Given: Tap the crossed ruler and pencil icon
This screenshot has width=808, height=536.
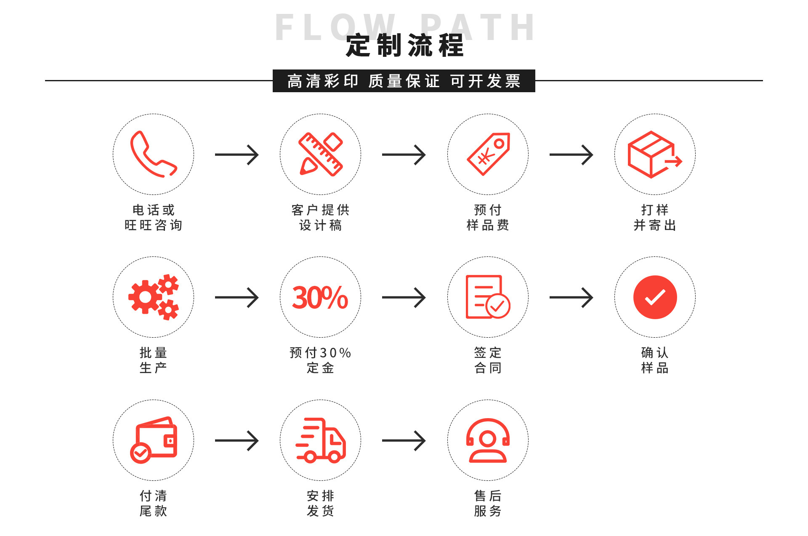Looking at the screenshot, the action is coord(320,154).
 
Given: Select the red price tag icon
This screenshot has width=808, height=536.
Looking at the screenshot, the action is coord(488,154).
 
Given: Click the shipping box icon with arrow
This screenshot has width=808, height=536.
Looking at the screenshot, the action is coord(654,154).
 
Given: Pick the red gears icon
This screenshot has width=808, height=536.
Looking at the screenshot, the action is coord(153,297).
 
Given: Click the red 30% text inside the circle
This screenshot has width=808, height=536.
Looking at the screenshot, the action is coord(320,297).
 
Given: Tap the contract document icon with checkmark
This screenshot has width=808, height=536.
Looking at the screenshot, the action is coord(487,297).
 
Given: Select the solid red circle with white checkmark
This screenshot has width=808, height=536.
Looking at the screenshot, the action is coord(655,297).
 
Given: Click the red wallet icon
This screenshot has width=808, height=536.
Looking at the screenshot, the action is coord(153,440).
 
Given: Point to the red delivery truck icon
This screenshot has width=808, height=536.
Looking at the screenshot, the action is coord(320,440).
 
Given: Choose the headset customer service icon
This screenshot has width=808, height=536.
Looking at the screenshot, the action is coord(488,440).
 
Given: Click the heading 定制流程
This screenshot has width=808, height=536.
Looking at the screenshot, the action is coord(404,45).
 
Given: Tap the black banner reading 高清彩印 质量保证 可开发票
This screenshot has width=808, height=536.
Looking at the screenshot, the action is coord(404,81).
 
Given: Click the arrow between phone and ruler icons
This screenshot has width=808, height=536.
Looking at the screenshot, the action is coord(237,155).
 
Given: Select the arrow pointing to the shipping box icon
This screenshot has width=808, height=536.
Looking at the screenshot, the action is coord(571,155).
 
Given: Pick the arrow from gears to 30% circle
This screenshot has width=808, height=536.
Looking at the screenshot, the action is coord(237,298).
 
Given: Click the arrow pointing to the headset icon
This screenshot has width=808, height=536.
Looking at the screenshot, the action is coord(404,441).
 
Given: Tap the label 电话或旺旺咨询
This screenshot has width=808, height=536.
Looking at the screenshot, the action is coord(153,217).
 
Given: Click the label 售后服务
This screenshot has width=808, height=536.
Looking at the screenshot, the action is coord(488,503).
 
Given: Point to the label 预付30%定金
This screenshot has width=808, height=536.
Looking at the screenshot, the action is coord(320,360).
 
